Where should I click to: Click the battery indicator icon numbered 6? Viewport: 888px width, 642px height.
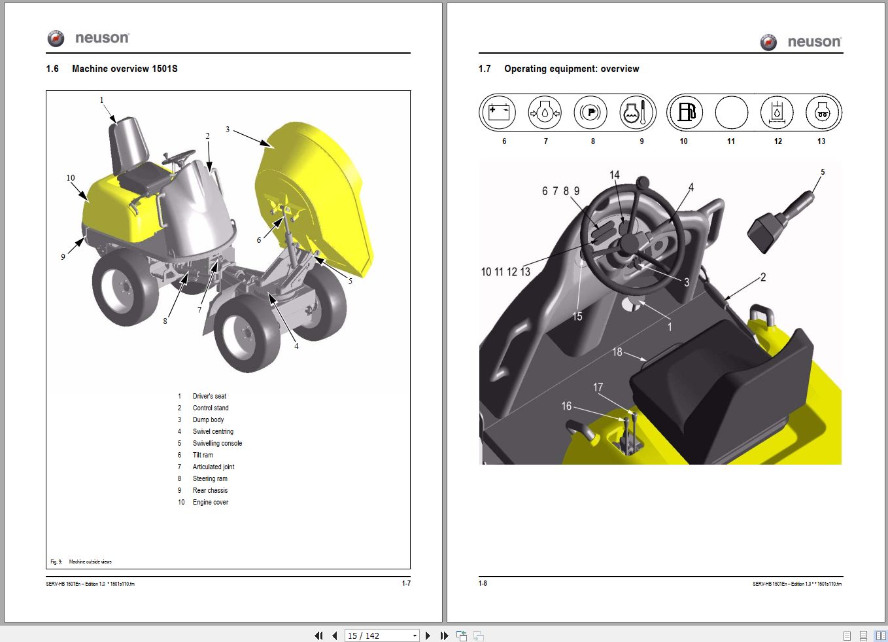coord(498,113)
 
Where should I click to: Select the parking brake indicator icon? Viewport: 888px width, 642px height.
coord(590,113)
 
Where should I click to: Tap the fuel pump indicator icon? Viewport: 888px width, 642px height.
coord(686,113)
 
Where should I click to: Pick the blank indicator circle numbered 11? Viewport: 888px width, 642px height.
coord(731,113)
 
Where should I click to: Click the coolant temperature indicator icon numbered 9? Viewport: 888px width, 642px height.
coord(637,113)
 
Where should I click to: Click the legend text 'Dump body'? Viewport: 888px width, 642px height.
coord(208,420)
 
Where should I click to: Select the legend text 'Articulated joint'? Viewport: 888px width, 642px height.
coord(213,467)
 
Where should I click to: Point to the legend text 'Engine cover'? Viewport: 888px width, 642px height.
coord(211,503)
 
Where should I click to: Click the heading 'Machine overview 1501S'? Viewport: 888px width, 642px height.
coord(124,69)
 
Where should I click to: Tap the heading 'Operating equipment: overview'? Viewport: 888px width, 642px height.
coord(572,69)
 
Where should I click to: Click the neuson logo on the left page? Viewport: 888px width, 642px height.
coord(88,39)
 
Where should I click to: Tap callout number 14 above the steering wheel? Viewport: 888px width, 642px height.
coord(614,175)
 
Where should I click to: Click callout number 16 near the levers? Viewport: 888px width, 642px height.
coord(566,406)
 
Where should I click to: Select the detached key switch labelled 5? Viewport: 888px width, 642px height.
coord(778,219)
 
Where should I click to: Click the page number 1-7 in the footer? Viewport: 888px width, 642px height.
coord(406,583)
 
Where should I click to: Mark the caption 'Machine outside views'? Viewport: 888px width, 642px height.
coord(90,562)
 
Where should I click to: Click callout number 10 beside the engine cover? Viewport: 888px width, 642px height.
coord(71,178)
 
